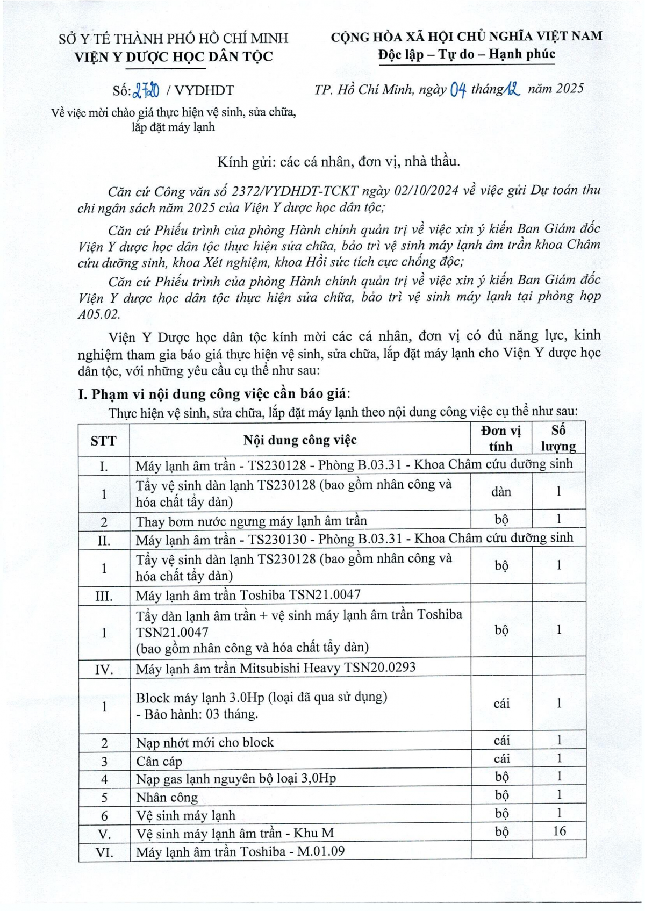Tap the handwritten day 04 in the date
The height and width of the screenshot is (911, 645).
click(x=457, y=90)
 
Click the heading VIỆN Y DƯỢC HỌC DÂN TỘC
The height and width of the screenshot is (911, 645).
click(x=174, y=56)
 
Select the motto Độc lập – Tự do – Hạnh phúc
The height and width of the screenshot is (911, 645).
click(x=466, y=54)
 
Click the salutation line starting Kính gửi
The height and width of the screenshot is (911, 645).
click(x=339, y=161)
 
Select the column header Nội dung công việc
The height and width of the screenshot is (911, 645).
click(x=300, y=440)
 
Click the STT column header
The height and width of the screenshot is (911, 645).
click(x=103, y=441)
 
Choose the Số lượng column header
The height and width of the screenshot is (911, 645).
click(x=558, y=439)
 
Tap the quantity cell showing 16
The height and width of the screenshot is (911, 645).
click(x=559, y=831)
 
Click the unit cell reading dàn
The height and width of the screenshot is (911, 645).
click(x=501, y=492)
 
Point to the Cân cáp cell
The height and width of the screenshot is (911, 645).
click(x=159, y=761)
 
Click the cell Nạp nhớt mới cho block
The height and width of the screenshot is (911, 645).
click(x=205, y=742)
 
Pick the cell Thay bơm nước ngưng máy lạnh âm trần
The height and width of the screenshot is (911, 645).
click(x=251, y=521)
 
